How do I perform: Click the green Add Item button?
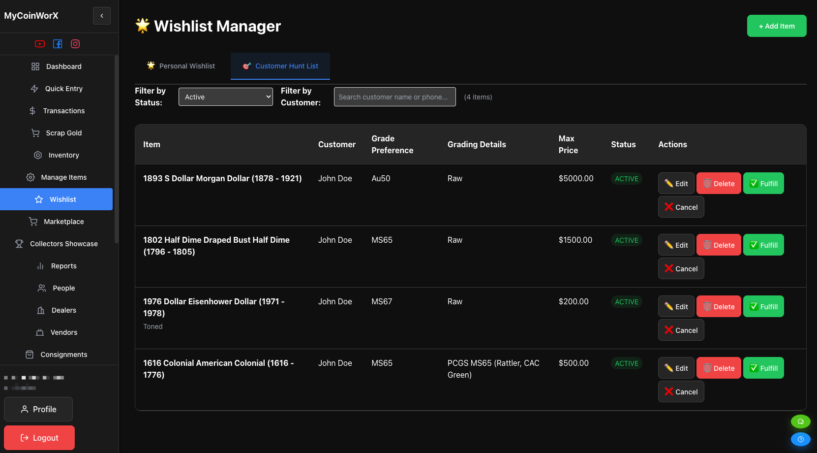pyautogui.click(x=776, y=26)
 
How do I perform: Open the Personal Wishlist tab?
pyautogui.click(x=181, y=66)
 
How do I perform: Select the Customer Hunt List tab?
pyautogui.click(x=280, y=66)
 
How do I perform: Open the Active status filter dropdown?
pyautogui.click(x=225, y=97)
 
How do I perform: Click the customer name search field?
pyautogui.click(x=394, y=97)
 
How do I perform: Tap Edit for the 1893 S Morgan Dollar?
pyautogui.click(x=676, y=184)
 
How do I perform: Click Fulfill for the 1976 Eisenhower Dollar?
pyautogui.click(x=763, y=307)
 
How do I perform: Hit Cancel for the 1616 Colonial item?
pyautogui.click(x=681, y=392)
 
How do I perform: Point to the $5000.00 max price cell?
pyautogui.click(x=576, y=179)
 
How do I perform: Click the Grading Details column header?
pyautogui.click(x=477, y=145)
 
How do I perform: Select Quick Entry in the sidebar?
pyautogui.click(x=63, y=89)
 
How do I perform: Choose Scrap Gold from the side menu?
pyautogui.click(x=63, y=133)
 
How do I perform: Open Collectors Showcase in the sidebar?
pyautogui.click(x=63, y=244)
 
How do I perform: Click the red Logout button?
pyautogui.click(x=39, y=438)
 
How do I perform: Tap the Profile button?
pyautogui.click(x=38, y=409)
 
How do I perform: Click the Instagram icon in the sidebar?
pyautogui.click(x=75, y=44)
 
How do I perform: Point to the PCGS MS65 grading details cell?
pyautogui.click(x=493, y=369)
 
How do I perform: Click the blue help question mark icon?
pyautogui.click(x=800, y=439)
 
